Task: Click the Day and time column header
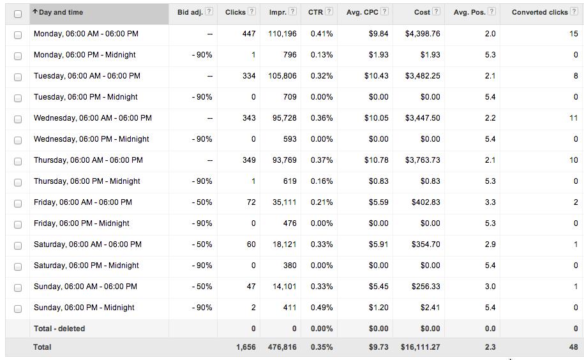tap(61, 12)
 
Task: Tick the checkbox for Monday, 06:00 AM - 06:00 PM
tap(18, 34)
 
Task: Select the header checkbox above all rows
tap(18, 13)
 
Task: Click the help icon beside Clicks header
tap(251, 11)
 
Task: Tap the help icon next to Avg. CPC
tap(384, 11)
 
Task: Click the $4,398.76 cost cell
tap(422, 34)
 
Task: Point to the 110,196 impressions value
tap(282, 34)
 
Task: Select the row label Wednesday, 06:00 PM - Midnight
tap(91, 139)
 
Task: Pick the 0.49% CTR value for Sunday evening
tap(322, 308)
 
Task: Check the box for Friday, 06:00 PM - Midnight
tap(18, 224)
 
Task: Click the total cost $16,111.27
tap(420, 347)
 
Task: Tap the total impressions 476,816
tap(281, 347)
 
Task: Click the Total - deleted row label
tap(59, 329)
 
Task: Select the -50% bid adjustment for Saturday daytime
tap(202, 244)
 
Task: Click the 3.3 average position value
tap(490, 202)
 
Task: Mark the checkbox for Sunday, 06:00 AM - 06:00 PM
tap(18, 287)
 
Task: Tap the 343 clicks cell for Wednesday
tap(249, 118)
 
